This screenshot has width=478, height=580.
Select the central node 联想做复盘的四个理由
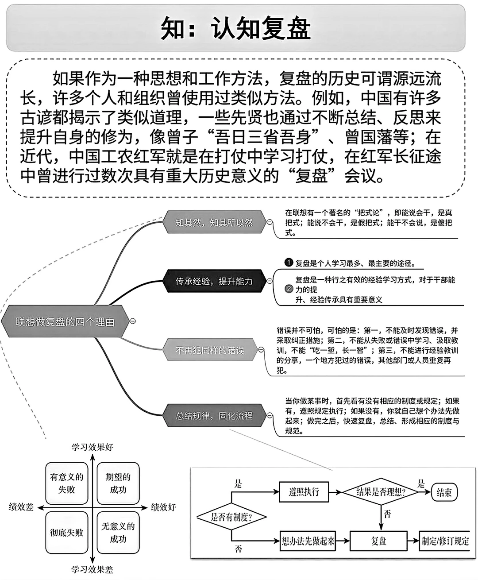pos(65,322)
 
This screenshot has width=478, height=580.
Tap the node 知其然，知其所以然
pos(214,222)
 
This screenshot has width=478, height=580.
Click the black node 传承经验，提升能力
pos(214,281)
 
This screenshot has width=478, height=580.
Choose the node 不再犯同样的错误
pos(209,350)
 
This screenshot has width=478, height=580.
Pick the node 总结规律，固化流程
pos(214,416)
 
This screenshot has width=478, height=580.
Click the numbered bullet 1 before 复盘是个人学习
pos(289,263)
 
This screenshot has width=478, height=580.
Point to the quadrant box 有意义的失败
pos(67,483)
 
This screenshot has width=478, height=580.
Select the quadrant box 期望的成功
pos(118,483)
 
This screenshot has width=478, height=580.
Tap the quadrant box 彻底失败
pos(67,532)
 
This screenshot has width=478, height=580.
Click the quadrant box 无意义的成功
pos(118,532)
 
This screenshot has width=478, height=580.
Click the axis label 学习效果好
pos(93,447)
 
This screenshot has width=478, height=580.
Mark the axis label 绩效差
pos(21,507)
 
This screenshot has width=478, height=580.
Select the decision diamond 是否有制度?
pos(231,517)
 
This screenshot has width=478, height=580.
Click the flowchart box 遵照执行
pos(304,491)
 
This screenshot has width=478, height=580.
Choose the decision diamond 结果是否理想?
pos(381,491)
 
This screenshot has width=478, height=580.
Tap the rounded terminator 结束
pos(444,492)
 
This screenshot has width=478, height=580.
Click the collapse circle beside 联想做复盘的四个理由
pos(133,321)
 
